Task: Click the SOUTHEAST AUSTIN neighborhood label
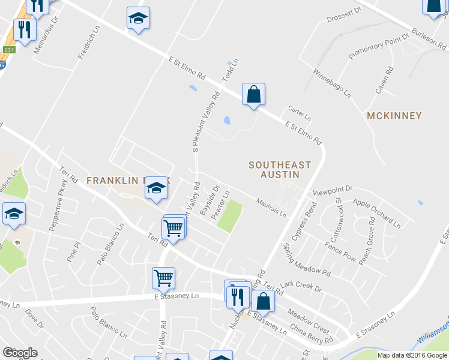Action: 280,169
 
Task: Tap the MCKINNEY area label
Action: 394,115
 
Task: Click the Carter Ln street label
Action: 299,112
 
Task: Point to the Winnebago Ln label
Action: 331,83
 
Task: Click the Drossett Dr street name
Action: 345,15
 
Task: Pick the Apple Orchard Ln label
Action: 376,213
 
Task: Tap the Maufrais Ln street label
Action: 271,208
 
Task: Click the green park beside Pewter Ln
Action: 229,217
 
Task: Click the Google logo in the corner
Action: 20,353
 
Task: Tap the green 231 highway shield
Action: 8,50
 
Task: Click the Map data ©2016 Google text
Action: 412,355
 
